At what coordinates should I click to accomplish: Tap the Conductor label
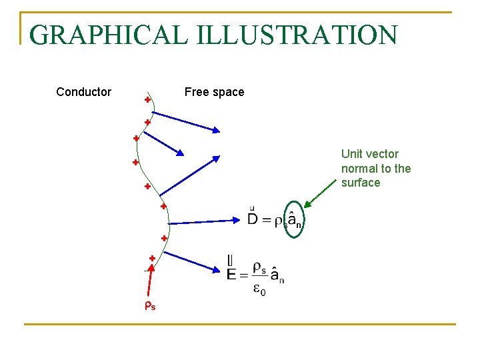(83, 92)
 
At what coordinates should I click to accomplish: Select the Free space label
(214, 92)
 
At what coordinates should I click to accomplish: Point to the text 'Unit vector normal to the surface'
(376, 168)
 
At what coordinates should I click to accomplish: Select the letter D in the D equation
(253, 218)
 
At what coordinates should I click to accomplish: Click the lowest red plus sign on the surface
(152, 258)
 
